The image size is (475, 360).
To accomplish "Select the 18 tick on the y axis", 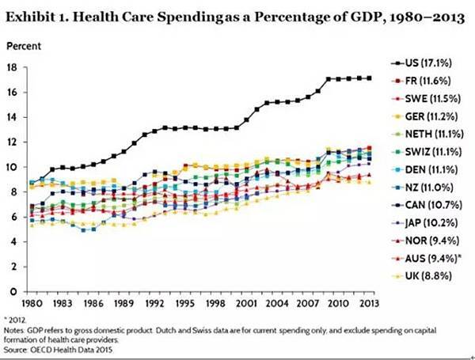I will [x=13, y=67].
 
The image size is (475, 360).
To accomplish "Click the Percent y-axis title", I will [x=24, y=47].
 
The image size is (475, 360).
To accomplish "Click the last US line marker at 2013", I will [x=370, y=78].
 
